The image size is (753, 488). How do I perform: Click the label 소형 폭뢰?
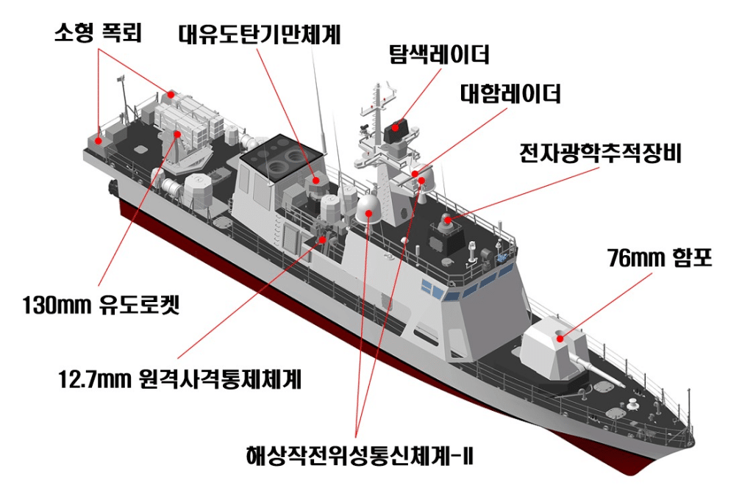click(98, 32)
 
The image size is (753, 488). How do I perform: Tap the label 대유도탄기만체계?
click(260, 35)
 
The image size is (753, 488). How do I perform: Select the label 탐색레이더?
click(439, 54)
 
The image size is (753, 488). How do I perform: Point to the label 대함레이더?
click(510, 93)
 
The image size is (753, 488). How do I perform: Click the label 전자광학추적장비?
click(600, 153)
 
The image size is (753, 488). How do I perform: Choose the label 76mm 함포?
click(660, 258)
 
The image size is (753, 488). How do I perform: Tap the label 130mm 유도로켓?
click(101, 305)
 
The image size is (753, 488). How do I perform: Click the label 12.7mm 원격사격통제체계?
click(179, 379)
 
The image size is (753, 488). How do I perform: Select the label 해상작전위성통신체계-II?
click(360, 456)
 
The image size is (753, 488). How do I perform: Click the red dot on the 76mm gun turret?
click(560, 339)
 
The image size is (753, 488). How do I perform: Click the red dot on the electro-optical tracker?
click(447, 220)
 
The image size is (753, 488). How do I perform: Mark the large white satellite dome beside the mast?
click(368, 209)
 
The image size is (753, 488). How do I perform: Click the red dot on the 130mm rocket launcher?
click(177, 134)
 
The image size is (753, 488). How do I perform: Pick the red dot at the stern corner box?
click(98, 141)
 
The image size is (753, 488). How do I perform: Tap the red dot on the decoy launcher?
click(316, 180)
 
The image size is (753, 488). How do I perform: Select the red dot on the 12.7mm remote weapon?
click(322, 239)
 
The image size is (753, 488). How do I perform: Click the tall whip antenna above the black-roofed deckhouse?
click(320, 101)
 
